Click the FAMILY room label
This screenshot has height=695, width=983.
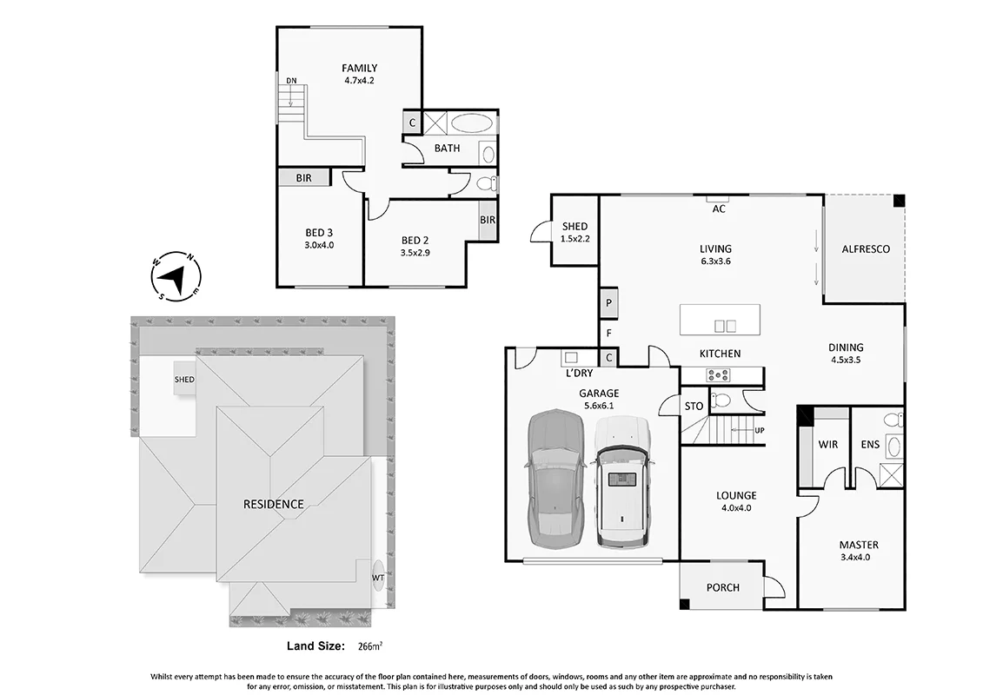(359, 68)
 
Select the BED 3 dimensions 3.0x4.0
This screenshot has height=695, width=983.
(319, 245)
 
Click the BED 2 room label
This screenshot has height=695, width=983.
(415, 240)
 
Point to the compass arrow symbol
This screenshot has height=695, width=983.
(176, 277)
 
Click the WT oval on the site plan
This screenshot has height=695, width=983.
(378, 577)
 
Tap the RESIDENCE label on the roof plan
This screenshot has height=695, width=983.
(273, 504)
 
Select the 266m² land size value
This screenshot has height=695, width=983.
(370, 646)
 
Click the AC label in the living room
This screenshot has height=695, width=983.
(719, 208)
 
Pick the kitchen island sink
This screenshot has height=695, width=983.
(726, 326)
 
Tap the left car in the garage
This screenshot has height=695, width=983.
(555, 480)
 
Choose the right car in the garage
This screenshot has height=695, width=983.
(622, 481)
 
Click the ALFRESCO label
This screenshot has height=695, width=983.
(865, 248)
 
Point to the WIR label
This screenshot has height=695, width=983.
(827, 444)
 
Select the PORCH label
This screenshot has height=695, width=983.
(723, 587)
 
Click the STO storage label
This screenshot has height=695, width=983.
(694, 406)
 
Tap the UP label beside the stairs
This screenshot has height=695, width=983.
(760, 431)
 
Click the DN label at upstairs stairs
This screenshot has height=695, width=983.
(291, 81)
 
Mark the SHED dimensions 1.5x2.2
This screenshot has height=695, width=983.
(575, 239)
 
